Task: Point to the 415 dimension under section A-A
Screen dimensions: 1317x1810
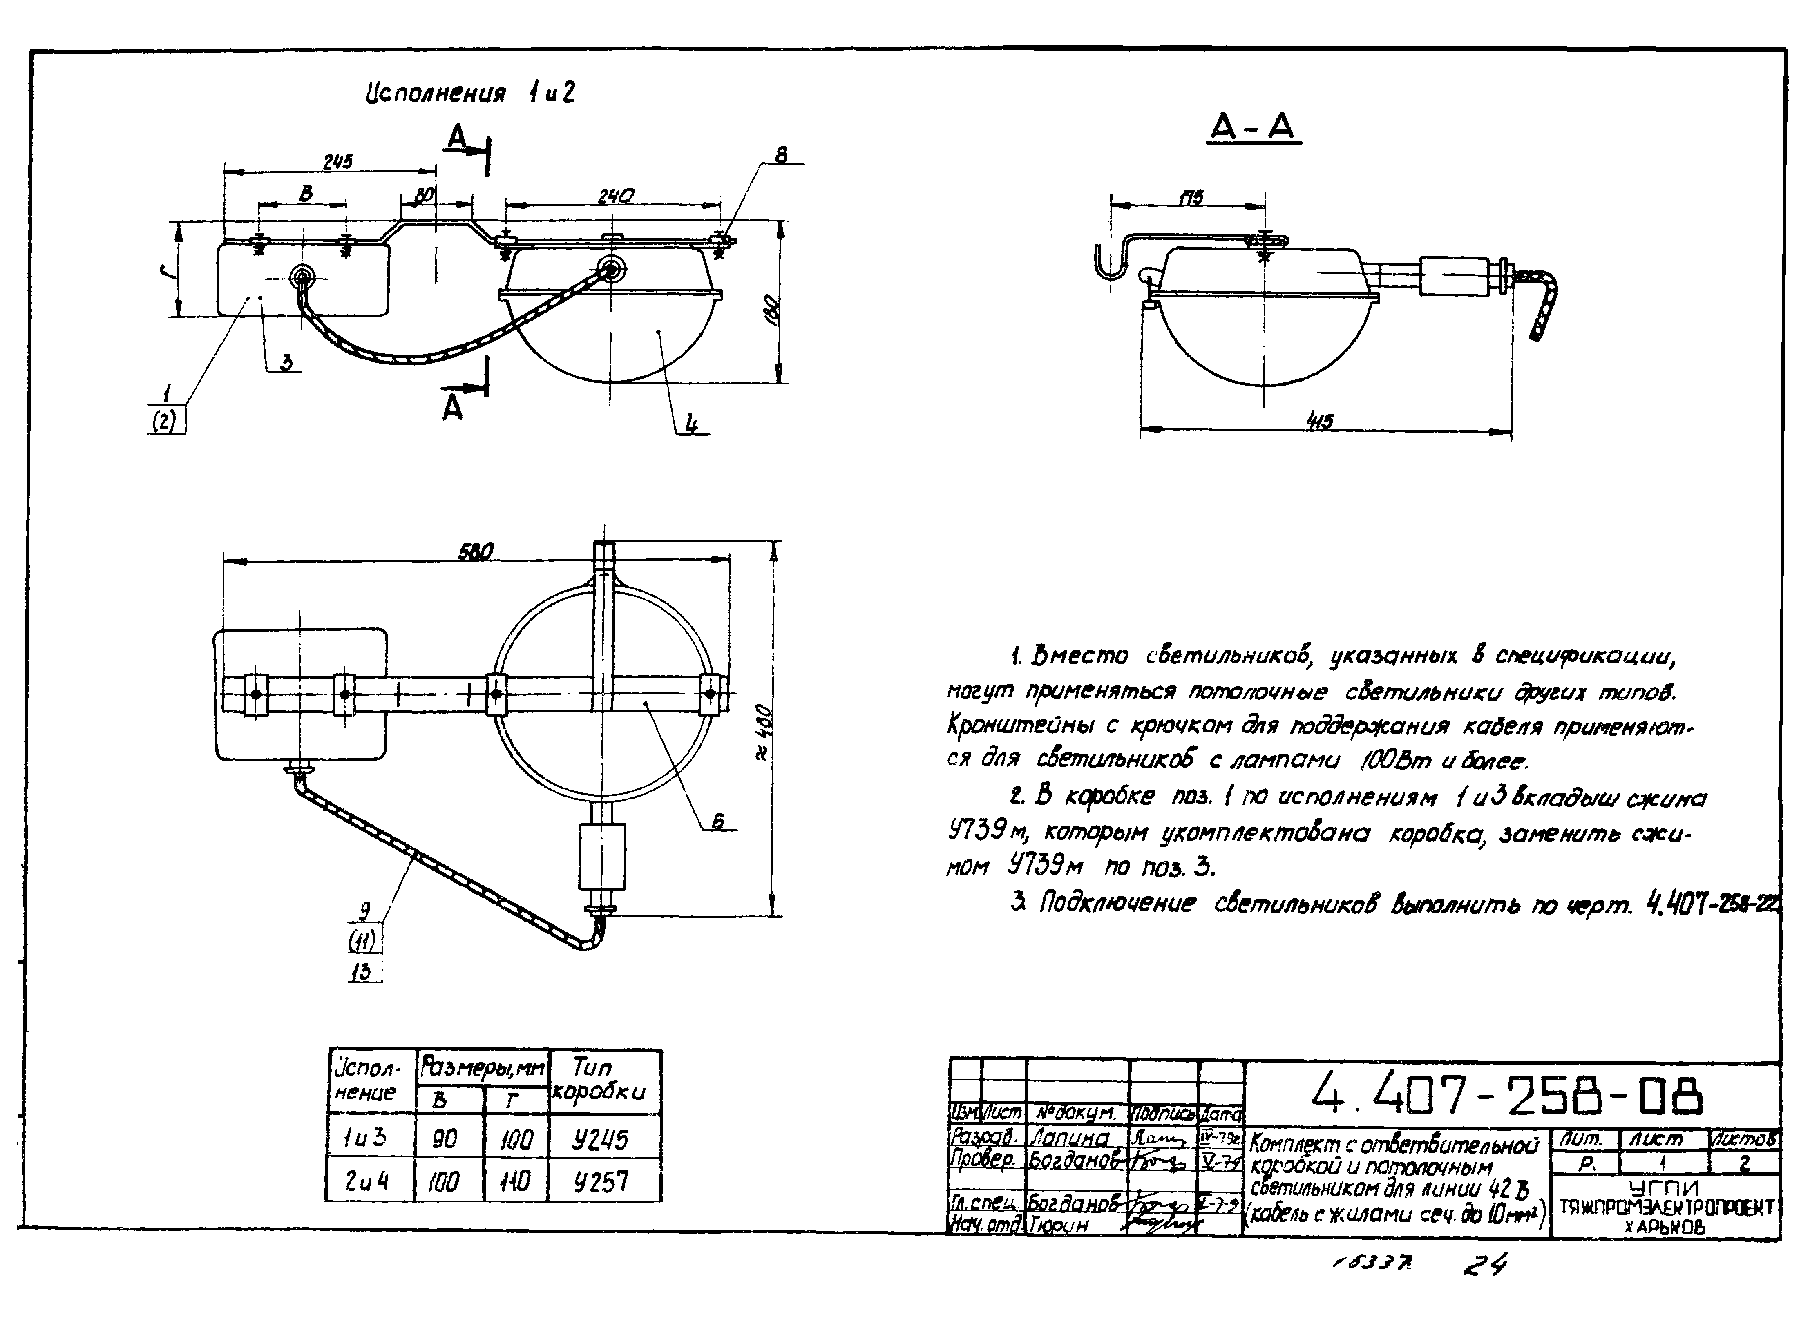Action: (x=1319, y=421)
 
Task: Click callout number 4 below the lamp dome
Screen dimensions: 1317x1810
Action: (x=692, y=425)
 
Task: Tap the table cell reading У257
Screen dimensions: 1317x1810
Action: (x=600, y=1181)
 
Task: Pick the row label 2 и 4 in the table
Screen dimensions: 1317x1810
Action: (x=368, y=1181)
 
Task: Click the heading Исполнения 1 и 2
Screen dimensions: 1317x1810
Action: (x=470, y=94)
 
